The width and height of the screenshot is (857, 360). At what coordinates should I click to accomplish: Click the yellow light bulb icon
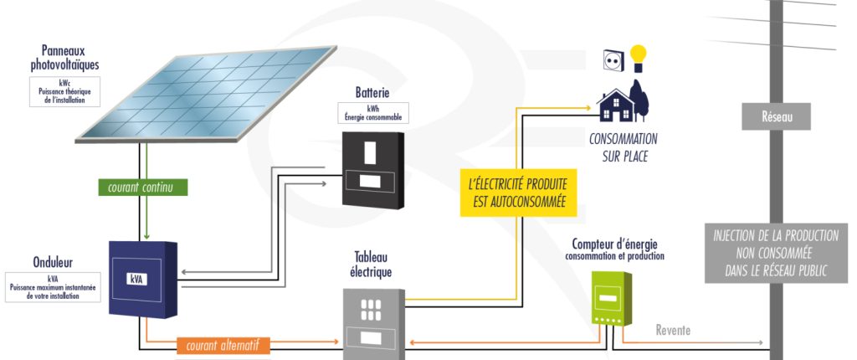click(639, 58)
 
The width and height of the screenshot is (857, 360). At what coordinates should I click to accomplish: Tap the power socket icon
click(613, 59)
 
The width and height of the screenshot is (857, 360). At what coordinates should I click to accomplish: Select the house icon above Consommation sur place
click(616, 105)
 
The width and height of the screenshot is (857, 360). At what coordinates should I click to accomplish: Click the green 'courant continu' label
click(141, 188)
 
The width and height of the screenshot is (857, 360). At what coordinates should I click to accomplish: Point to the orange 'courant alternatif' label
click(224, 343)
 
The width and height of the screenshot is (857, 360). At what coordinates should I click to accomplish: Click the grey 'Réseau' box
click(777, 117)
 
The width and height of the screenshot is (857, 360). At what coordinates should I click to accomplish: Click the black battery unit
click(372, 168)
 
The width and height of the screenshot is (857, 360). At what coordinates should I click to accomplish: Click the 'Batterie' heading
click(372, 92)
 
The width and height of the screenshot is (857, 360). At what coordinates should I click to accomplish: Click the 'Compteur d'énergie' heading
click(613, 244)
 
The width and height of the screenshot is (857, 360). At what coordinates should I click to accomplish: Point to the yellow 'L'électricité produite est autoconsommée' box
click(513, 193)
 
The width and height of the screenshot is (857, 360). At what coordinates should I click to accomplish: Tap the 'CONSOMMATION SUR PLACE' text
click(624, 147)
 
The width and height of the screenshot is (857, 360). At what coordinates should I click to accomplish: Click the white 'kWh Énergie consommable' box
click(372, 114)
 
